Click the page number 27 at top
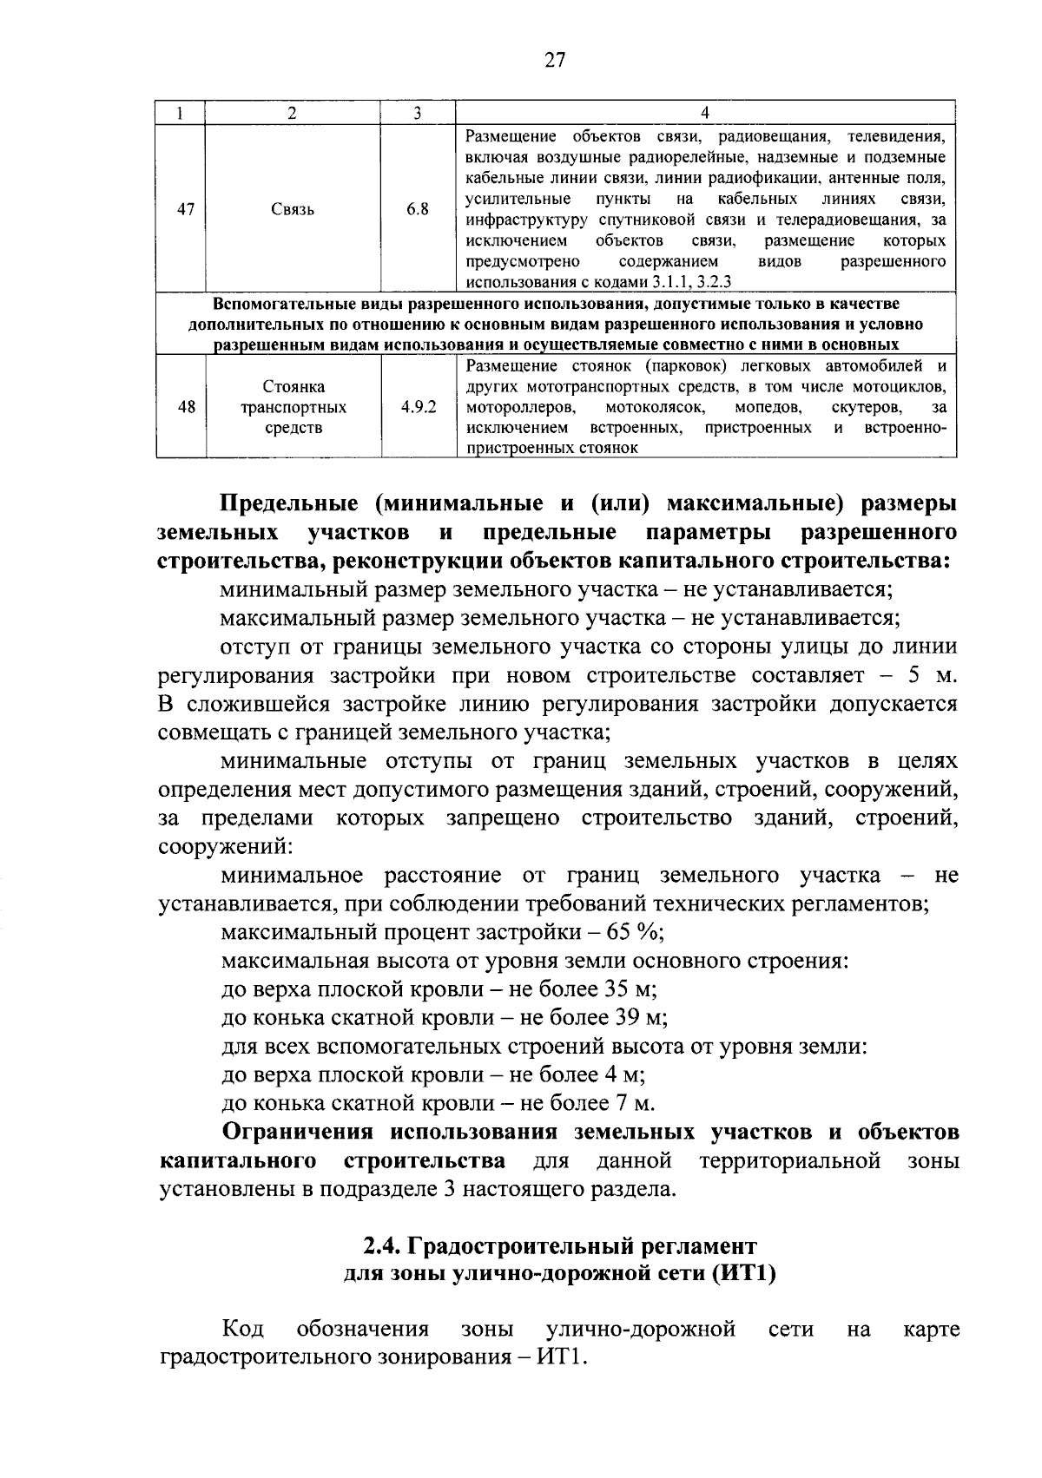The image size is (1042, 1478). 555,60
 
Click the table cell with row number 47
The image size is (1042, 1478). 185,209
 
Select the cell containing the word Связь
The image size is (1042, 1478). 293,209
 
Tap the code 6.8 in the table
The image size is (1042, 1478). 418,209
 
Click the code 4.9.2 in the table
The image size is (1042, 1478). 419,407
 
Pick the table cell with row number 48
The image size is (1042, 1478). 185,407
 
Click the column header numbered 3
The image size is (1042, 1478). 418,114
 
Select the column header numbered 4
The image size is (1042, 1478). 704,114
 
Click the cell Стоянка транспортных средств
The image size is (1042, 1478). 293,407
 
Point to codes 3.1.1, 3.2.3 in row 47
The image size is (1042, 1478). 692,282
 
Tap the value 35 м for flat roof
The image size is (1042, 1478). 630,989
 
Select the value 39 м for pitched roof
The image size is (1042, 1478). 641,1018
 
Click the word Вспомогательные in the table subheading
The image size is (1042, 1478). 277,304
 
